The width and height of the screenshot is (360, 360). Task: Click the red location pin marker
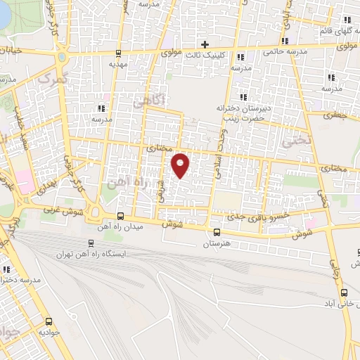point(181,164)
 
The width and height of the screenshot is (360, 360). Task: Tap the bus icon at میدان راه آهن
point(120,217)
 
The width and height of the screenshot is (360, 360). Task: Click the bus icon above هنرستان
point(217,232)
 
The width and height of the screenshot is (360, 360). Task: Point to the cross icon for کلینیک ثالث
point(205,44)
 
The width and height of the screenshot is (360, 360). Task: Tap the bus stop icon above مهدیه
point(117,52)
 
